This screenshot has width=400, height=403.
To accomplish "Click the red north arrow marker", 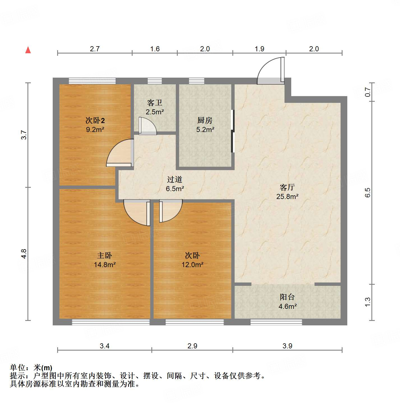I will point(28,50).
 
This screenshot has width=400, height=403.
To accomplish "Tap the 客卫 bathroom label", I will point(155,103).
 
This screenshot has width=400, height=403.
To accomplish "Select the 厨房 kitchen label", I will point(205,121).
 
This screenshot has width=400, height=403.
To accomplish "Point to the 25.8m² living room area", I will point(287,197).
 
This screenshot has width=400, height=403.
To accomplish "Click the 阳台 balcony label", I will point(287,297).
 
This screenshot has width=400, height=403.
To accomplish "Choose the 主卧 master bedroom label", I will point(105,256).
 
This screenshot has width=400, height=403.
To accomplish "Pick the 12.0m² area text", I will point(192,265).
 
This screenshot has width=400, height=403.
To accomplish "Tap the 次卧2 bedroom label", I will point(95,121).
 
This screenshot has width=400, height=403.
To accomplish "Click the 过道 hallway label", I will point(175,179).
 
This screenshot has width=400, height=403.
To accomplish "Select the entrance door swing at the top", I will point(270,71).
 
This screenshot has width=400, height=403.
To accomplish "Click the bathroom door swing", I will point(148,126).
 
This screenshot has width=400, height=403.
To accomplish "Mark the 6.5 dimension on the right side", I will point(367,193).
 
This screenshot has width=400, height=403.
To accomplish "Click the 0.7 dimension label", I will point(367,92).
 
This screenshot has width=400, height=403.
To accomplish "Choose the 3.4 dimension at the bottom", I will point(105,346).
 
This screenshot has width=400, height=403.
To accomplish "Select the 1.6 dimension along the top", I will point(155,49).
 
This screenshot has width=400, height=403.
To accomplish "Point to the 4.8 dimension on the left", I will point(24,254).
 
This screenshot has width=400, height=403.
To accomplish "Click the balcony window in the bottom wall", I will point(276,322).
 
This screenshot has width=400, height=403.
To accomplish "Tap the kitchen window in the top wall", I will point(196,81).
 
